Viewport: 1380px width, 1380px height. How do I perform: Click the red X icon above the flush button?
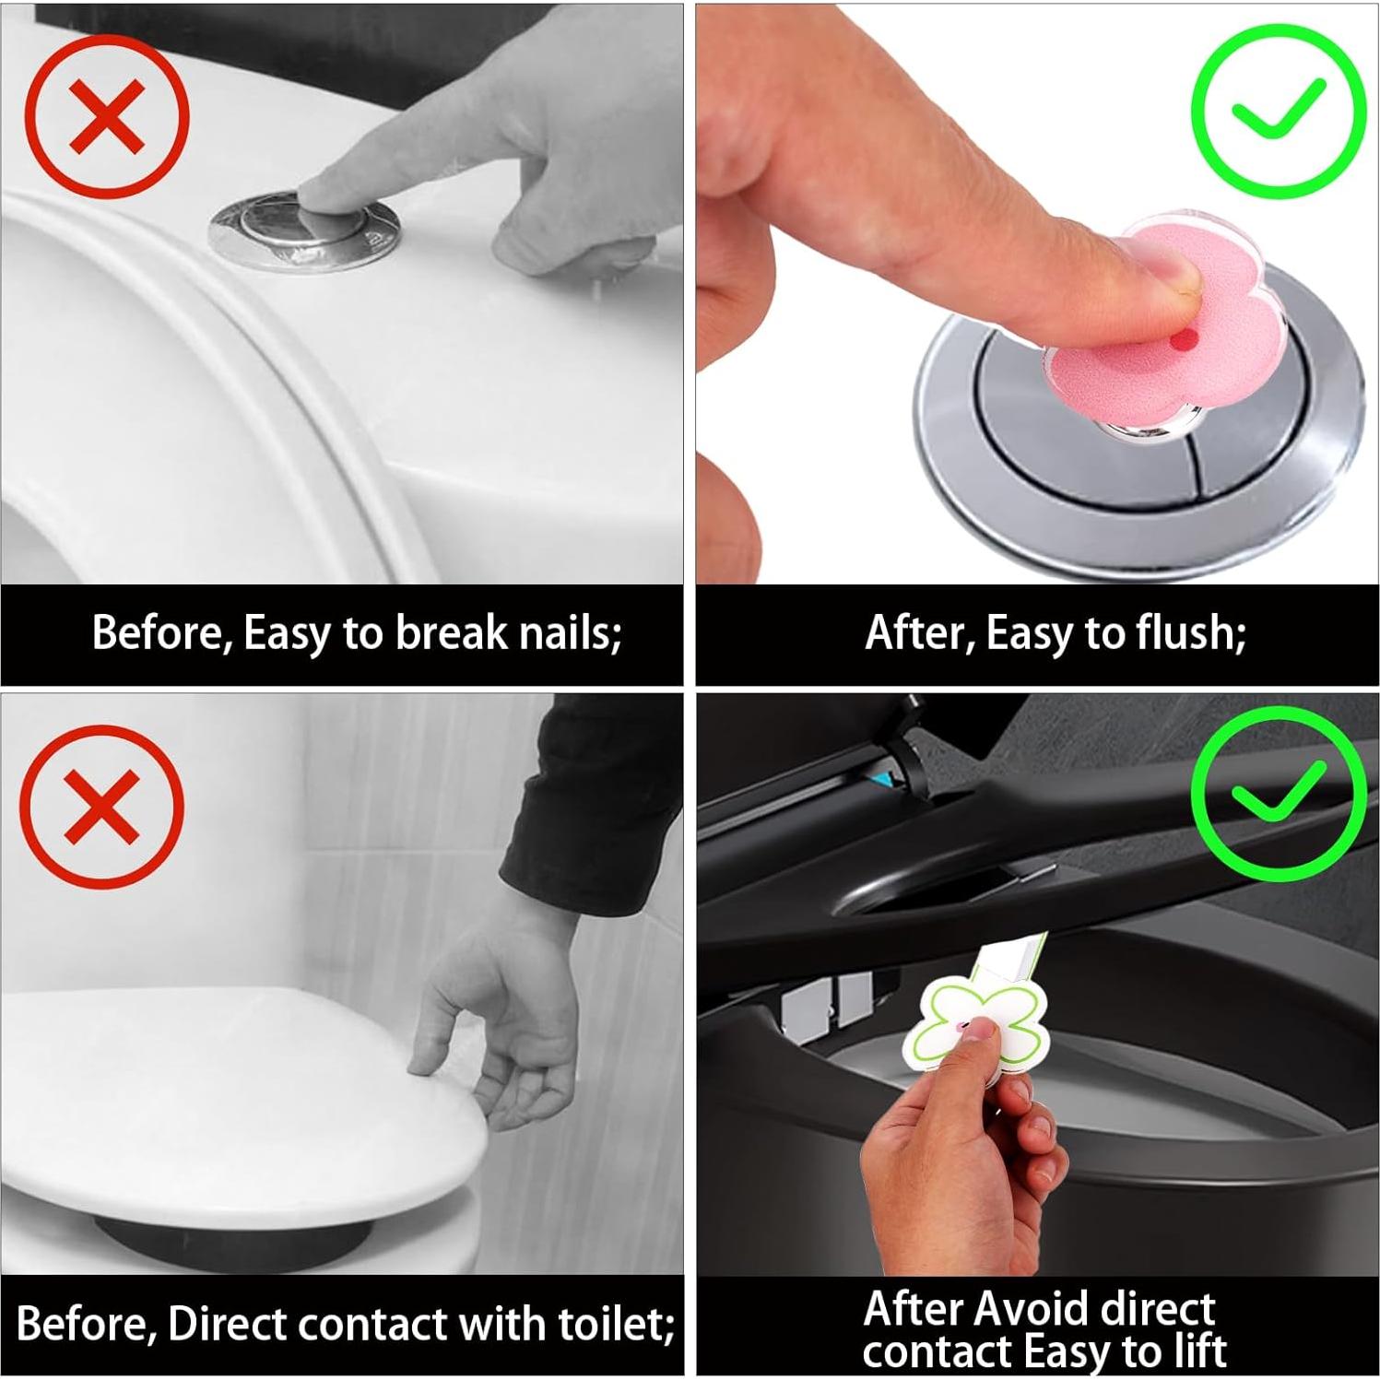point(107,116)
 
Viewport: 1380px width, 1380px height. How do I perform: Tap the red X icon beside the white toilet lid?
point(102,807)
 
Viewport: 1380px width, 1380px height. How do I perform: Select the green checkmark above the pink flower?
point(1278,111)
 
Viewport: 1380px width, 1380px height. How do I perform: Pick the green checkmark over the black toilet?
point(1278,793)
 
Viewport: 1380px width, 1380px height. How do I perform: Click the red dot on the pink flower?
point(1184,343)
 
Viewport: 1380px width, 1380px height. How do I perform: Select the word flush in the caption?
point(1191,633)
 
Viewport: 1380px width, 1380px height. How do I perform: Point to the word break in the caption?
point(451,633)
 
